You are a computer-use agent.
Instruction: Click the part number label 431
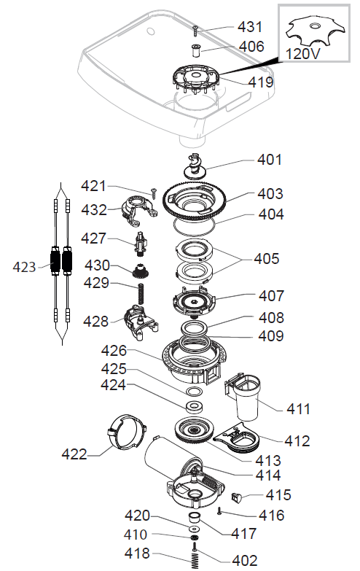point(250,27)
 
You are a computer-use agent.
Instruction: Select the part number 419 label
point(260,82)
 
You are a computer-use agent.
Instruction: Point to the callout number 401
point(269,160)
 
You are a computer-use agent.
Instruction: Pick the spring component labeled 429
point(142,295)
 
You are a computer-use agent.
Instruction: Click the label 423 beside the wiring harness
point(25,267)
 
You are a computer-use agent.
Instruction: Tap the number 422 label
point(73,455)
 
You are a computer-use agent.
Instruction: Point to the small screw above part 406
point(196,30)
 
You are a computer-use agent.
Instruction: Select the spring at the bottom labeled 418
point(195,560)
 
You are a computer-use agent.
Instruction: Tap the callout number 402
point(244,560)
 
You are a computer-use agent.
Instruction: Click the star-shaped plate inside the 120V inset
point(313,30)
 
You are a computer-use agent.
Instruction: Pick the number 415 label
point(278,495)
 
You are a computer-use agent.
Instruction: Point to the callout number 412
point(297,440)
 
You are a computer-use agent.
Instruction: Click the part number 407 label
point(271,297)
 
